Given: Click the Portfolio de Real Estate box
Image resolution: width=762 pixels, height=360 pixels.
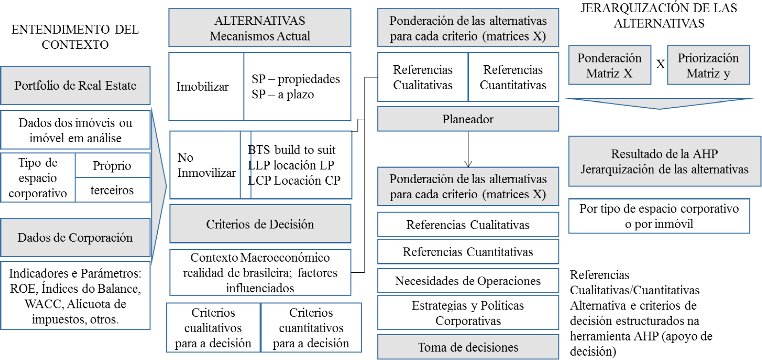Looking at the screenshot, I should coord(75,85).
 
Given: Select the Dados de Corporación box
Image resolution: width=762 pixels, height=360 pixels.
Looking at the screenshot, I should coord(75,237).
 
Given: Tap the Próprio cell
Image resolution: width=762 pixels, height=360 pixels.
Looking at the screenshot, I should coord(112,166).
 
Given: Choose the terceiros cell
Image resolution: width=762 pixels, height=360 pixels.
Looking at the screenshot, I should coord(112,190).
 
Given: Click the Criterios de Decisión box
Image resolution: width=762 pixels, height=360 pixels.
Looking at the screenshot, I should coord(260,224).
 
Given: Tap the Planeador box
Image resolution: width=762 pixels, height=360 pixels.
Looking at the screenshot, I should coord(467,119).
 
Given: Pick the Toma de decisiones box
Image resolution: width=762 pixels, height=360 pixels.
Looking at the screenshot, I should coord(467,347).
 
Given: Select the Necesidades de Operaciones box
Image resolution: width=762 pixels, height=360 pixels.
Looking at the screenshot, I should coord(467,281).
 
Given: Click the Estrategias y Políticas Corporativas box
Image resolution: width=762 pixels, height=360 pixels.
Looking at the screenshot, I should coord(467,313).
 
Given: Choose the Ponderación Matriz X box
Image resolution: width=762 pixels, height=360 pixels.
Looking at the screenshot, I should coord(610,65).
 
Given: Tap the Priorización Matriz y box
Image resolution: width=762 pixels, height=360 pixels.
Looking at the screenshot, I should coord(708,65).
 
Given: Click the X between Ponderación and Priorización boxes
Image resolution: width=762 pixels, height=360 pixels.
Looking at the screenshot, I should coord(660,64).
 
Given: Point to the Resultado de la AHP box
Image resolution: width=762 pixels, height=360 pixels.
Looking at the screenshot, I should coord(665,161).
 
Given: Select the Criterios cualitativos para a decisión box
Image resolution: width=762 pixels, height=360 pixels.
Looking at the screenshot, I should coord(213,327).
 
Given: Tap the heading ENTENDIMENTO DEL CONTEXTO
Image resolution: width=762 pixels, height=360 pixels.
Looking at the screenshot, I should coord(75,37).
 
